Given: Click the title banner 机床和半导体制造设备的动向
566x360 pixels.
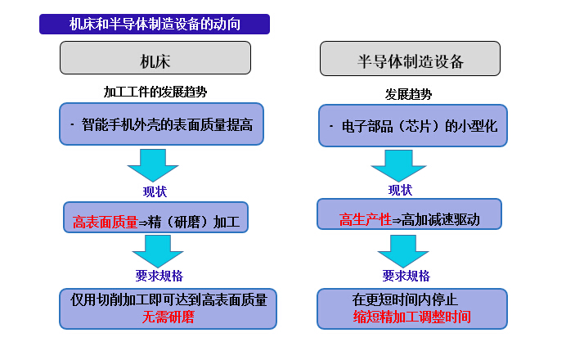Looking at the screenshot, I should (x=155, y=25).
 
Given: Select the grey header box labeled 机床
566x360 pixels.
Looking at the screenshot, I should (x=155, y=59).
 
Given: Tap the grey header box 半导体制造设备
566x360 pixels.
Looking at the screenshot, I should (x=410, y=60).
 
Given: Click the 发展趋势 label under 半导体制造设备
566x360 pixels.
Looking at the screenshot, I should (x=409, y=94).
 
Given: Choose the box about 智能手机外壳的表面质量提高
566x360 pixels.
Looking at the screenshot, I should (x=161, y=124).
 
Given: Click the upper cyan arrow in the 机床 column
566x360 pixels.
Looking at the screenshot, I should (x=153, y=166).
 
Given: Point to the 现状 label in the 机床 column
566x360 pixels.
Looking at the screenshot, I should (x=155, y=192).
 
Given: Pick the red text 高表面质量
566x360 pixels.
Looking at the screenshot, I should (x=106, y=222).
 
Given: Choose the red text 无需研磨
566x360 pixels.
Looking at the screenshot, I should (x=168, y=317).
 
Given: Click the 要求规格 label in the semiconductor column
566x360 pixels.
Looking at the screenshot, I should (x=406, y=276).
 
